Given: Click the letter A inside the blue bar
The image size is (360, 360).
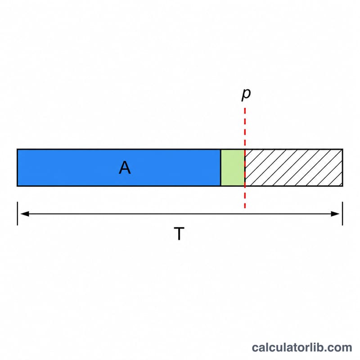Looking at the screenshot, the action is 125,167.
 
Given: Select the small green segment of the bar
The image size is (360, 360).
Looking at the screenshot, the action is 233,167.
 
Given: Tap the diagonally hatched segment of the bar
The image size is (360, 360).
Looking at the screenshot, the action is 294,167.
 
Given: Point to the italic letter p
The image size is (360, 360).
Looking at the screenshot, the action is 246,94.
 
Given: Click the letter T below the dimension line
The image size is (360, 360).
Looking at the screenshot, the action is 179,234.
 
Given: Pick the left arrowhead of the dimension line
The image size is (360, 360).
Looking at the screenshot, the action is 25,214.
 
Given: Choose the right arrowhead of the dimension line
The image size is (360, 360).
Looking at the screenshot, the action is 335,214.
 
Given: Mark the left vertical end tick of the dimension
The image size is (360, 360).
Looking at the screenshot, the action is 18,213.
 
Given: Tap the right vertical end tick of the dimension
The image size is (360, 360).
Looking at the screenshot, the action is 342,213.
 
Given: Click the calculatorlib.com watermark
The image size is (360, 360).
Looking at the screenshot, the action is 302,347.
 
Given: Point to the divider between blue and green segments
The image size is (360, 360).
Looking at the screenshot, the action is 220,167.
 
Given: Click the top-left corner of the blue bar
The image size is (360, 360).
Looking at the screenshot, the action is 17,149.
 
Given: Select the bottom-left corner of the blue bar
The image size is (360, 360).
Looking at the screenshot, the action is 17,186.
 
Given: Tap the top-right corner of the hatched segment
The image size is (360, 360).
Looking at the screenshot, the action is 343,149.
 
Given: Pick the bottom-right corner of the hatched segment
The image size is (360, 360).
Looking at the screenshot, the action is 343,186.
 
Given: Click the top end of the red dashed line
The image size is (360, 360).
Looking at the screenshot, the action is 245,108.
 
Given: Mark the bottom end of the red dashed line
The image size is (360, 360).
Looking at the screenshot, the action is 245,208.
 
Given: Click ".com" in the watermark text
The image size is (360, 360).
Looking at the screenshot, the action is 336,348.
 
